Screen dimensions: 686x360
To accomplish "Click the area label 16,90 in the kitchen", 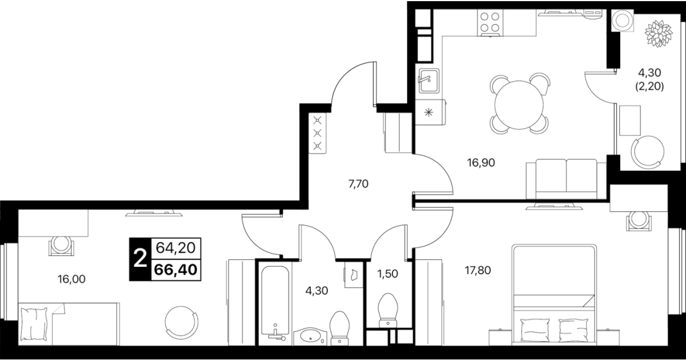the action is [x=481, y=163].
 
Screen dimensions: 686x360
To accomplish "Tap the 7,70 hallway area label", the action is [x=358, y=184].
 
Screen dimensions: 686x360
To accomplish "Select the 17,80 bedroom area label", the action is [x=478, y=270].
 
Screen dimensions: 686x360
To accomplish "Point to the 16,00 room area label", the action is [x=71, y=279].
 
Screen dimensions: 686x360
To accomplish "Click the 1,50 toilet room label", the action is [x=388, y=274].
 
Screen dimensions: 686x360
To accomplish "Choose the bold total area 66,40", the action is [x=176, y=270].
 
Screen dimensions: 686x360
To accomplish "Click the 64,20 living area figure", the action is [x=176, y=247].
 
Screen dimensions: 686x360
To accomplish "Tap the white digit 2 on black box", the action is [x=141, y=259].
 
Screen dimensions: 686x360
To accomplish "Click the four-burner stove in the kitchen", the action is [x=490, y=22].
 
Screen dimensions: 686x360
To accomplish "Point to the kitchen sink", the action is [x=429, y=81].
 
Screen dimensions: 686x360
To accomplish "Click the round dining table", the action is [x=519, y=105].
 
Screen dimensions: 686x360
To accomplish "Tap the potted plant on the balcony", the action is [x=659, y=33].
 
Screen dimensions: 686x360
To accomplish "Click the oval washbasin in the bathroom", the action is [x=310, y=337].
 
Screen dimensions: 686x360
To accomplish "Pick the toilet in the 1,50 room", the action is [x=388, y=310].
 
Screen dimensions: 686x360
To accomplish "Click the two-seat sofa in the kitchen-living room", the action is [x=566, y=179].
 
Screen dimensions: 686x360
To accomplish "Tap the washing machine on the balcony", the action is [x=622, y=21].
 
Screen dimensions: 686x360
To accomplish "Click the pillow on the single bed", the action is [x=34, y=323].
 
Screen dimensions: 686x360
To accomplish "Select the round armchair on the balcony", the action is [x=647, y=152].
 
